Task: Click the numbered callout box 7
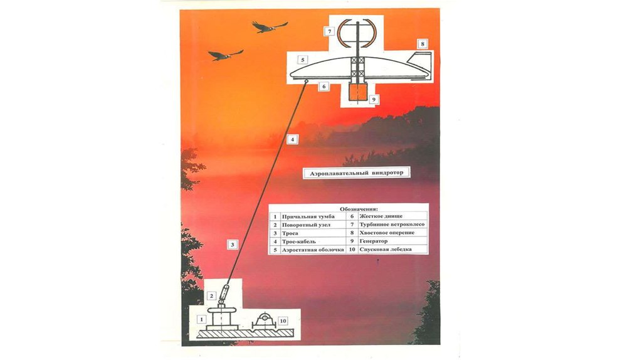(329, 31)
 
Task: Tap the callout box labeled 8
(422, 44)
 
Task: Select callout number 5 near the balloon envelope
(303, 60)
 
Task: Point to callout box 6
(324, 87)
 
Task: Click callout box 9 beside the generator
(373, 99)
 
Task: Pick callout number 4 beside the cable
(292, 139)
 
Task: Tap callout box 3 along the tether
(232, 245)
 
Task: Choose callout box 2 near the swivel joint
(212, 295)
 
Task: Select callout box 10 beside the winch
(283, 320)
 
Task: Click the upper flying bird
(270, 26)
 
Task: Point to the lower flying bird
(225, 55)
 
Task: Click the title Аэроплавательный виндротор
(356, 173)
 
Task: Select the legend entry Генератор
(374, 241)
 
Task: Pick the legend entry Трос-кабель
(299, 241)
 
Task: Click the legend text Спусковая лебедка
(386, 250)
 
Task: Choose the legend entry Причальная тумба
(308, 216)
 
